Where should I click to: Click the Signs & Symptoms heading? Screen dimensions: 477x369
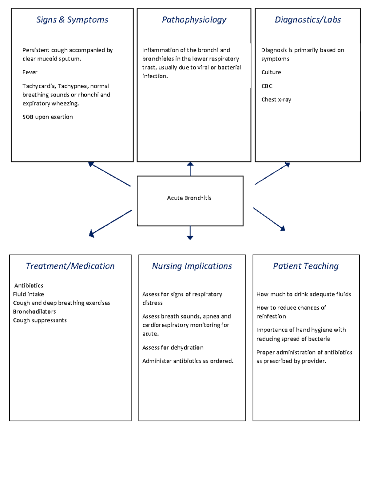(x=72, y=20)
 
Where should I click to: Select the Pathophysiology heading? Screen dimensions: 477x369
(x=194, y=20)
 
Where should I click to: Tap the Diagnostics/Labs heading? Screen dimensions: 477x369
(x=308, y=20)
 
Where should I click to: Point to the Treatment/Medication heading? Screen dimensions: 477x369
(x=70, y=266)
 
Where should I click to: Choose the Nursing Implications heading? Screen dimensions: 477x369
(x=192, y=266)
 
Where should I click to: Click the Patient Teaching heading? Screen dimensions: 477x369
(x=306, y=266)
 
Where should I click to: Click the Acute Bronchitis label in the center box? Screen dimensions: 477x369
(x=189, y=198)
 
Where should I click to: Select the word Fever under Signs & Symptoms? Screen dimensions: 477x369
(x=30, y=72)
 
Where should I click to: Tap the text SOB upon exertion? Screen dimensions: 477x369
(x=48, y=117)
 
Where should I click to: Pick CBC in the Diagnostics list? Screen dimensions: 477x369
(x=267, y=86)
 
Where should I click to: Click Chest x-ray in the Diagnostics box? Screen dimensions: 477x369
(x=276, y=100)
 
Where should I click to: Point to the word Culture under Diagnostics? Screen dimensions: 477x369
(x=271, y=72)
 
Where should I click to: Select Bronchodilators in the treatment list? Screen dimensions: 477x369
(x=34, y=312)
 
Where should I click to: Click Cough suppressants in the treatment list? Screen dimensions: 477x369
(x=40, y=320)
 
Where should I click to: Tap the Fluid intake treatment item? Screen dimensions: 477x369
(x=29, y=294)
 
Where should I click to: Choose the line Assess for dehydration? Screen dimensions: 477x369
(x=173, y=348)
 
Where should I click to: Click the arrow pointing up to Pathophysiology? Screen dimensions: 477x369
(x=190, y=169)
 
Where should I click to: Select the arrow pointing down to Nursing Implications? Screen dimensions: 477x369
(x=190, y=233)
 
